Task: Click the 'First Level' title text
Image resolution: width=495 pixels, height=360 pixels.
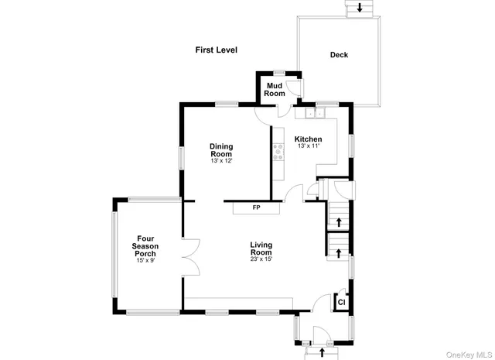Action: [216, 50]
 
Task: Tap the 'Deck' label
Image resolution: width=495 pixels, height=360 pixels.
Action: [339, 55]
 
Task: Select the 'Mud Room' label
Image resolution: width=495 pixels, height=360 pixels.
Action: [275, 89]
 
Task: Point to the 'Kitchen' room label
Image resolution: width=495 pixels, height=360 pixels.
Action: [308, 139]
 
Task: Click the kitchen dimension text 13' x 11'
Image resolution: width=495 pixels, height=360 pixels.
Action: [308, 146]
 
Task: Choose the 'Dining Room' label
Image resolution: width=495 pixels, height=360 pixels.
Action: [221, 149]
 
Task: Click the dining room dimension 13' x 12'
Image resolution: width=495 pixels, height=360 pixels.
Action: [221, 161]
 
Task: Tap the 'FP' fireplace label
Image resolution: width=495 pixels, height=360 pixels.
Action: [256, 207]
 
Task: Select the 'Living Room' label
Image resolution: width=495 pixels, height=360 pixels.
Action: [261, 249]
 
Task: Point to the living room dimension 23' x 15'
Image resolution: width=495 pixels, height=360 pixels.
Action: [261, 259]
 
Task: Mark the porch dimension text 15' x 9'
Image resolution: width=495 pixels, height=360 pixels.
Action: [146, 261]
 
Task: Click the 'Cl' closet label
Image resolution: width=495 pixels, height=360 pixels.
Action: [340, 302]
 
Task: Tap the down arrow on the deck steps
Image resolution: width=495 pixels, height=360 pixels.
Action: [359, 9]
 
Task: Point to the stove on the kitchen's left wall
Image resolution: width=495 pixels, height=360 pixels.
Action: [275, 153]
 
